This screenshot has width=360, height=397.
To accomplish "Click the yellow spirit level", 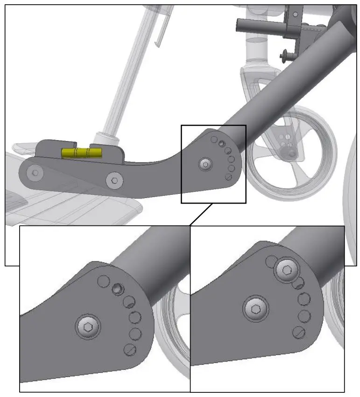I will (82, 153).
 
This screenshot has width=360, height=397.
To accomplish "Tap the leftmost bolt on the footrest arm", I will (34, 173).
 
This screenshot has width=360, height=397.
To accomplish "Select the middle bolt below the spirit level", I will (114, 180).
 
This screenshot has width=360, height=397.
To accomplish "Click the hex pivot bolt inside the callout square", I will (205, 164).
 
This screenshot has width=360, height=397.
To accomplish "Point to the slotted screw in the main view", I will (228, 177).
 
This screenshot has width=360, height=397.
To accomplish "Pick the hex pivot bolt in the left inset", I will (88, 327).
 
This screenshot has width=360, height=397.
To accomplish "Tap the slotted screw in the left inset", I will (129, 349).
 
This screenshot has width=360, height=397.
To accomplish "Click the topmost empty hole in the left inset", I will (104, 281).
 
